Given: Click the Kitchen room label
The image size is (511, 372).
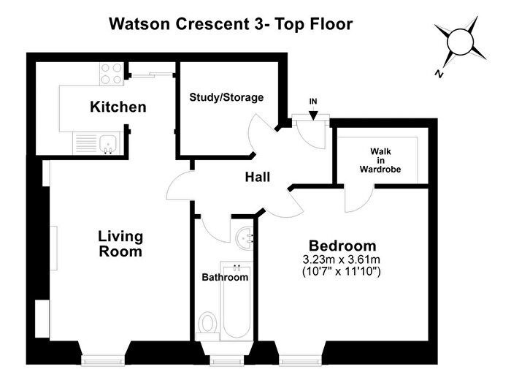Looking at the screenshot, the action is pos(118,107).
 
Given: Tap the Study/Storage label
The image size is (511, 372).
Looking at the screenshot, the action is pos(226,97).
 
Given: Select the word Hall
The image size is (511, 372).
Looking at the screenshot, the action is pos(258,177).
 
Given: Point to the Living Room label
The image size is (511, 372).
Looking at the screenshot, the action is pos(120,244).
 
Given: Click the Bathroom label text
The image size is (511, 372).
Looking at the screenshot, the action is pos(225,278).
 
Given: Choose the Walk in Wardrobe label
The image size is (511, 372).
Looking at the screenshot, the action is pos(380,160).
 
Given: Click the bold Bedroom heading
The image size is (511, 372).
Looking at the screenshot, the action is pos(342,246).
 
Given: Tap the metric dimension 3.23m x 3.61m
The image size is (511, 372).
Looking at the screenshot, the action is pos(342,259).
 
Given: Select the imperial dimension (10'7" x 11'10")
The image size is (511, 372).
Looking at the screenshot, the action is pos(342,271).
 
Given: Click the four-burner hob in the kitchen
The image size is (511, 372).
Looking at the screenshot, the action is pos(112,74).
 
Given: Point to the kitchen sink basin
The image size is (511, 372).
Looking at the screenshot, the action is pos(108,143).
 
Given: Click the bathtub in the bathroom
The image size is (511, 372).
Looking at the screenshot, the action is pos(237,301).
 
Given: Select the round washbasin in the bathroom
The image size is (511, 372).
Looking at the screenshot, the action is pos(245,238).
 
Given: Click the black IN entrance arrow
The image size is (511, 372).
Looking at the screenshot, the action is pos(313,115).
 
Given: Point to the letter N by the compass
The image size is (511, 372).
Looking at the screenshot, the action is pos(439,74).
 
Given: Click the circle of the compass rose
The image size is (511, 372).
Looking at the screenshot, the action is pos(460,42).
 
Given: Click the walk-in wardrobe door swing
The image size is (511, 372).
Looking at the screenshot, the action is pos(359,200).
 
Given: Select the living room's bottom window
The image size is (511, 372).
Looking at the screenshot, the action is pos(103,360).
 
